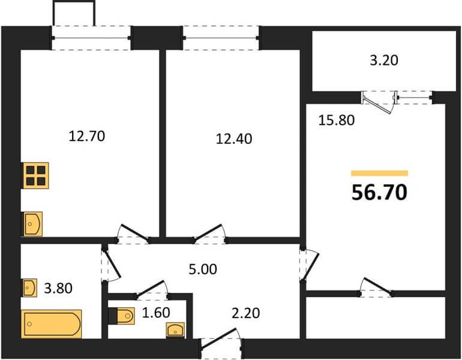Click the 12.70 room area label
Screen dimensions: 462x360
[x=86, y=136]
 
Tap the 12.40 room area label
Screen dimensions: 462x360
[x=234, y=139]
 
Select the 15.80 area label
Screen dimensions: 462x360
[x=337, y=120]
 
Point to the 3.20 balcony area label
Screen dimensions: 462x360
[x=384, y=60]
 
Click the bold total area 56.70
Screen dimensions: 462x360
[x=379, y=192]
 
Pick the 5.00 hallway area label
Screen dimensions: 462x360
[x=203, y=269]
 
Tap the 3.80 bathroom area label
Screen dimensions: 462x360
[x=58, y=288]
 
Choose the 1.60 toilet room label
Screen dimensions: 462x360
[x=156, y=313]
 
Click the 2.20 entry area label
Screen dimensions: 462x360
[x=246, y=313]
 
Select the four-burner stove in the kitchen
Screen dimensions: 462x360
[x=35, y=176]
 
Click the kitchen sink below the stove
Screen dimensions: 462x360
[x=33, y=224]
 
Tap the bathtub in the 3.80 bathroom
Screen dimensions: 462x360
[x=52, y=324]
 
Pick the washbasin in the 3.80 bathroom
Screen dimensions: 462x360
[x=30, y=287]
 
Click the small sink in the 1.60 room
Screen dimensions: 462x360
[x=175, y=329]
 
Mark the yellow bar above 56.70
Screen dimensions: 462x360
[x=379, y=173]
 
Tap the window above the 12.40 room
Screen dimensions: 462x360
[x=221, y=38]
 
